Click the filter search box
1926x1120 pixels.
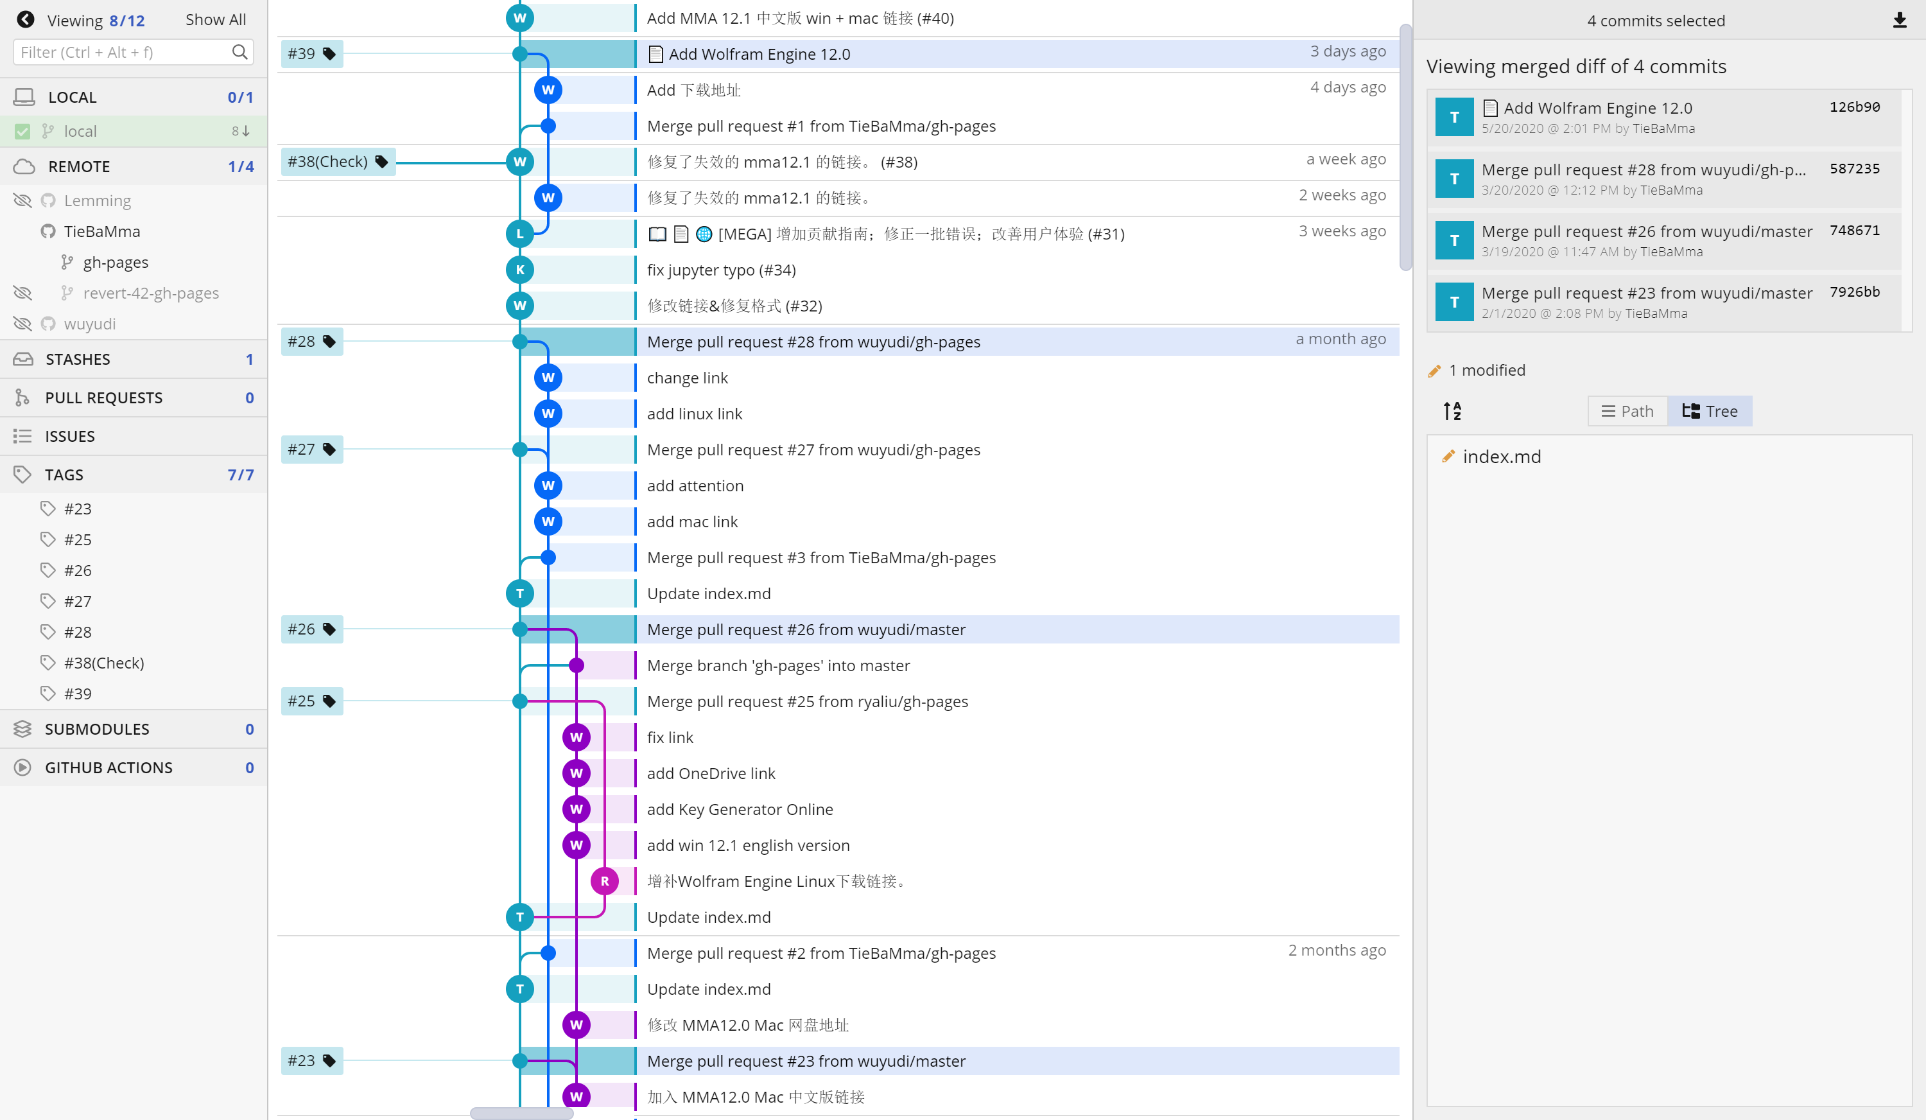pyautogui.click(x=122, y=52)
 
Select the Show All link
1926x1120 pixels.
pyautogui.click(x=216, y=20)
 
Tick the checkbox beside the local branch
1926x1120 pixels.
pyautogui.click(x=23, y=132)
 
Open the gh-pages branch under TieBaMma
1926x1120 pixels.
pyautogui.click(x=116, y=262)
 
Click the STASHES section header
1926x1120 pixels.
pyautogui.click(x=78, y=360)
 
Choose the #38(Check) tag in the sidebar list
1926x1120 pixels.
pyautogui.click(x=104, y=663)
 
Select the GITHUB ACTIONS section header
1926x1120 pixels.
pyautogui.click(x=108, y=767)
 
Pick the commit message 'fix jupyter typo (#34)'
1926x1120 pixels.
pyautogui.click(x=721, y=270)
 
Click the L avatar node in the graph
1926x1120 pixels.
pyautogui.click(x=520, y=234)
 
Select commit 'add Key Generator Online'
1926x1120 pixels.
pyautogui.click(x=739, y=809)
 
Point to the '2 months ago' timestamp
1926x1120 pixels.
pyautogui.click(x=1336, y=950)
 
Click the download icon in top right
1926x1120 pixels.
pyautogui.click(x=1899, y=21)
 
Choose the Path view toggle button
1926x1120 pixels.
pyautogui.click(x=1627, y=411)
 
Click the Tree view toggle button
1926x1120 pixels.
pyautogui.click(x=1710, y=411)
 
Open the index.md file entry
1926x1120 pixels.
pyautogui.click(x=1501, y=457)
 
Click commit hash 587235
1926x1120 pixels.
pyautogui.click(x=1854, y=169)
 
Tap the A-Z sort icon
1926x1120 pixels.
pyautogui.click(x=1452, y=411)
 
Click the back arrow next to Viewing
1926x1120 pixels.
pyautogui.click(x=25, y=20)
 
